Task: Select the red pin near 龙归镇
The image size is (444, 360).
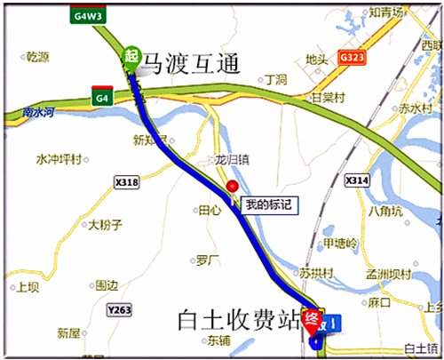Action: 233,187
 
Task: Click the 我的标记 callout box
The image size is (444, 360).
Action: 266,204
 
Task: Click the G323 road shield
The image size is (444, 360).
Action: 351,56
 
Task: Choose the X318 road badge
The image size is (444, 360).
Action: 127,182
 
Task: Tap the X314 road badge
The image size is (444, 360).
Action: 356,180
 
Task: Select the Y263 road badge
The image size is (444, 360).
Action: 118,309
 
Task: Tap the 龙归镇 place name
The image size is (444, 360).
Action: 233,160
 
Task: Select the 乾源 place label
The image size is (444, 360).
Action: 37,56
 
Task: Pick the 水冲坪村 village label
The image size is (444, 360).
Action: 59,160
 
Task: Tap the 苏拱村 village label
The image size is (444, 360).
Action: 315,271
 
